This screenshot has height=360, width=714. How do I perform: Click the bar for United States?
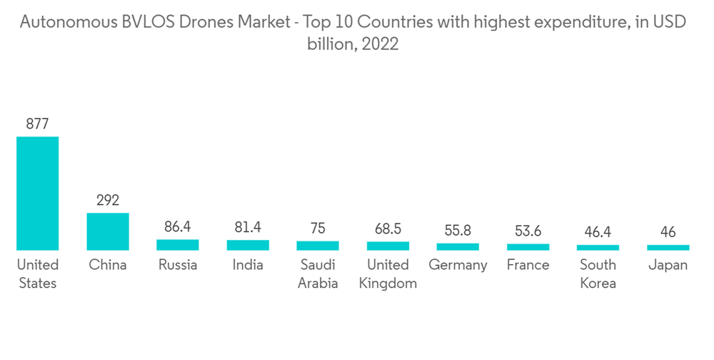tap(37, 193)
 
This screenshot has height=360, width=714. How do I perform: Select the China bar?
tap(108, 231)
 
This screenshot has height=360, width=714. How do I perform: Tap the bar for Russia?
tap(178, 245)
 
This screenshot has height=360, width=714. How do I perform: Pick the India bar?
tap(248, 245)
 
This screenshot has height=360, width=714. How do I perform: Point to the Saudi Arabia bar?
tap(318, 246)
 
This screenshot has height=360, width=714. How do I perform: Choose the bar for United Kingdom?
tap(388, 246)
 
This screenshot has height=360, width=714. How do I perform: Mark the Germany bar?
tap(458, 246)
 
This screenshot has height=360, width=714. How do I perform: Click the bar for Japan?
tap(668, 247)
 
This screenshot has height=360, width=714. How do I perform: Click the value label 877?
tap(37, 124)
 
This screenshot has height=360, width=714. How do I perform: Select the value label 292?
tap(108, 200)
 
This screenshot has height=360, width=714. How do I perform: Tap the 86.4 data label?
tap(178, 227)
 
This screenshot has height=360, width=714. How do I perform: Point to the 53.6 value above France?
tap(528, 231)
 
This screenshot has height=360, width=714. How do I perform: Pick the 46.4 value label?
tap(598, 232)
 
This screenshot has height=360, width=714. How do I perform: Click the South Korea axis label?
tap(598, 274)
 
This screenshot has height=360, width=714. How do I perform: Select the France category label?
tap(528, 265)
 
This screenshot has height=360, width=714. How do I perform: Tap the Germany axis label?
tap(458, 265)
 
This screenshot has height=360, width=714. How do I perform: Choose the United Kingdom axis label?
tap(388, 274)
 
